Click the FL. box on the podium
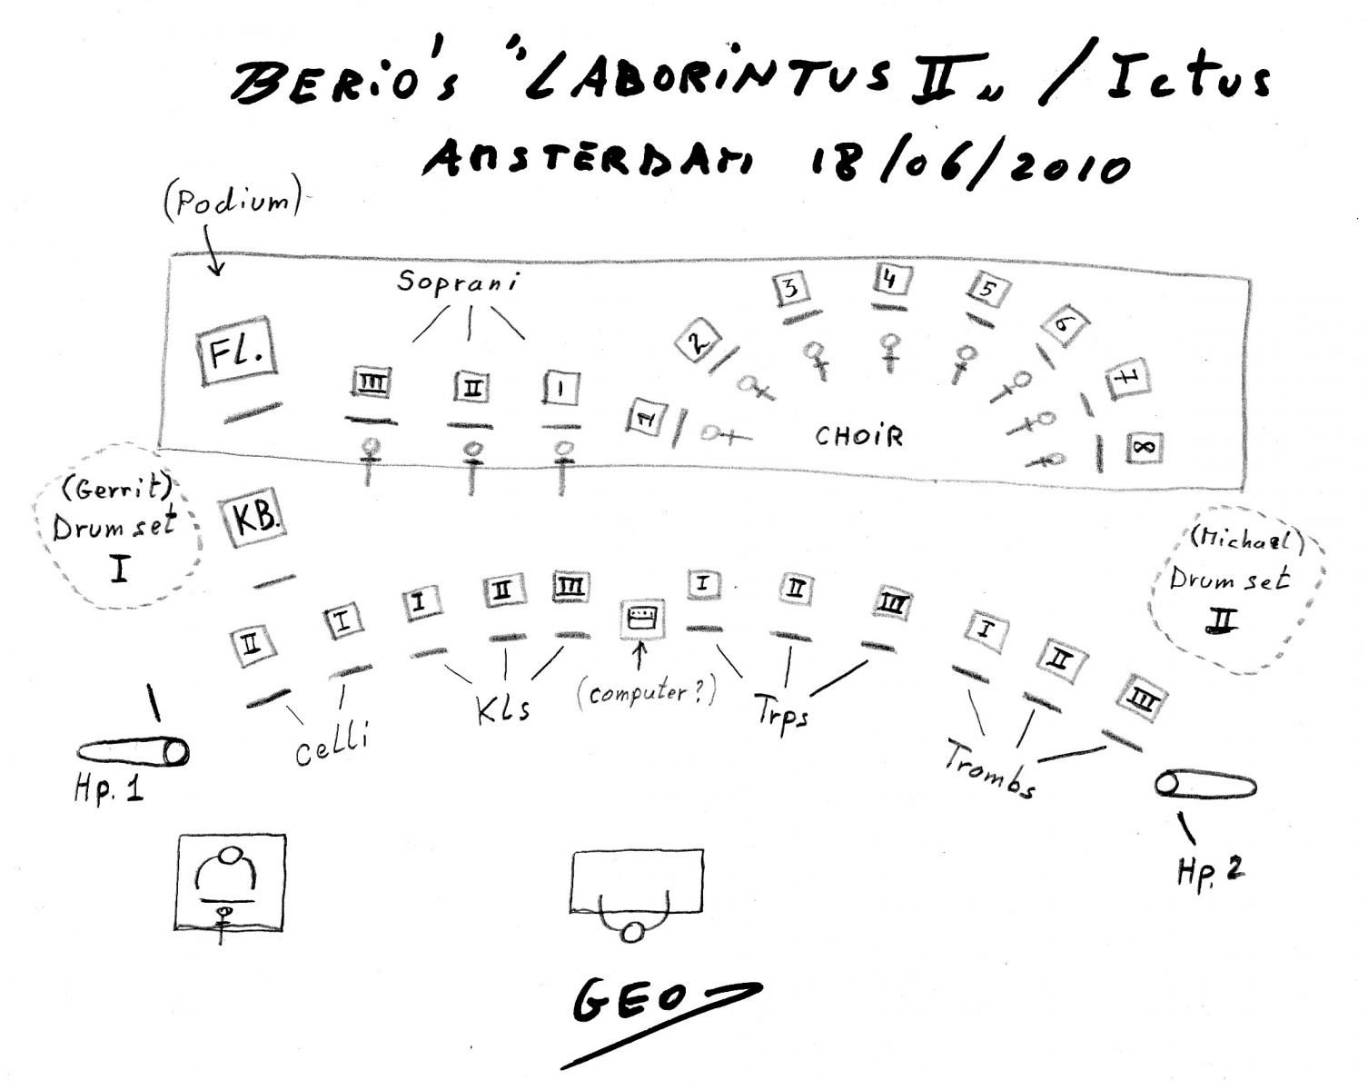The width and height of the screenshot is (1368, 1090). pos(236,351)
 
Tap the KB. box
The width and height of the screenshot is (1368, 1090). pos(253,517)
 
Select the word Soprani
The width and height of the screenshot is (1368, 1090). pos(458,282)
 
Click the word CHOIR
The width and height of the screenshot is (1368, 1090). pos(858,436)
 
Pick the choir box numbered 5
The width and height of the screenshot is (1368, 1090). pos(987,289)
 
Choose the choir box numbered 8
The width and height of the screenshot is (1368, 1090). pos(1145,448)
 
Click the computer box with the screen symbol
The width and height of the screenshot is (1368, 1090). pos(642,618)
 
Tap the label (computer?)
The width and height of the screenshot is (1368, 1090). pos(646,691)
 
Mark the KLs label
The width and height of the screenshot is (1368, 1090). pos(503,708)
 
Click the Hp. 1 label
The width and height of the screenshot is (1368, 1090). pos(109,789)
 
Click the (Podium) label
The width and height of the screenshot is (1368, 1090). pos(233,203)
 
